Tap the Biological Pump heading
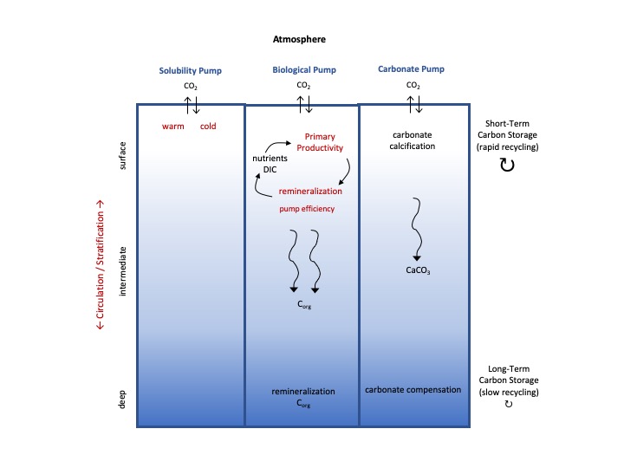(303, 69)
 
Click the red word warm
(173, 127)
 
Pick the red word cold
(208, 127)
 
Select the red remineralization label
(309, 191)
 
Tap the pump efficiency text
(306, 209)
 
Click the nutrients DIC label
(269, 165)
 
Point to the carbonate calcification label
(412, 140)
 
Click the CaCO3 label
(418, 270)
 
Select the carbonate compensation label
(413, 389)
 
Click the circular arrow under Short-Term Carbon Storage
(508, 165)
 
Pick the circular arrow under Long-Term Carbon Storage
(508, 405)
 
